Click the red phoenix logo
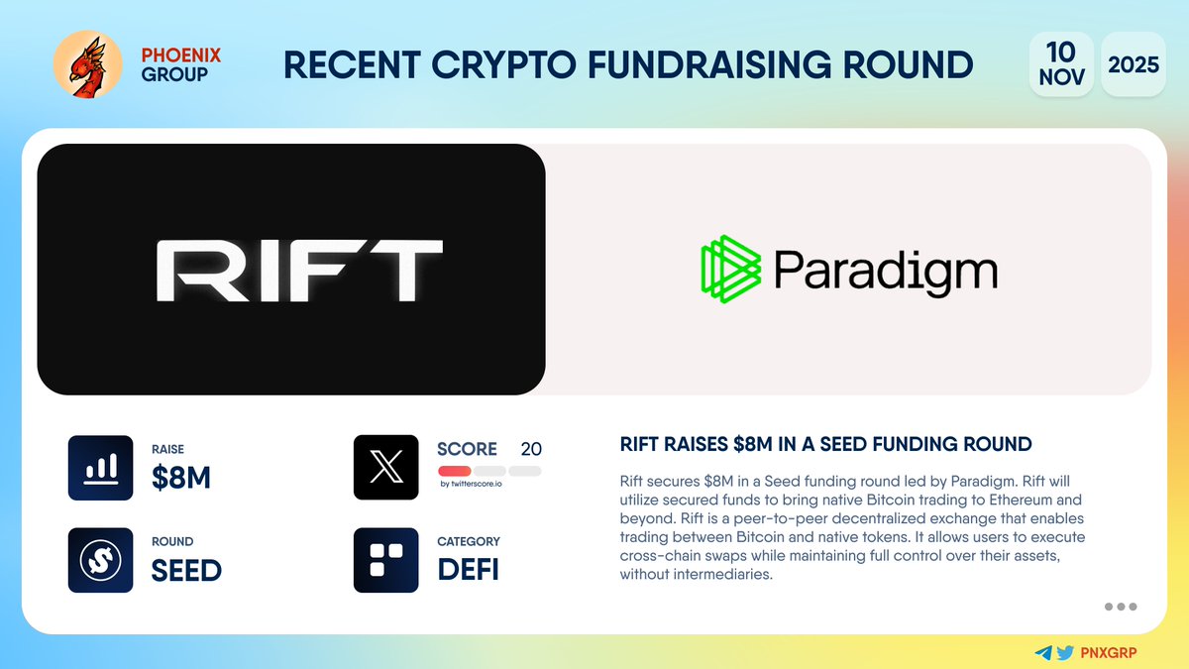pyautogui.click(x=87, y=65)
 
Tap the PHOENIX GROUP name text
pyautogui.click(x=174, y=64)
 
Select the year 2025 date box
pyautogui.click(x=1134, y=65)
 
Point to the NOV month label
pyautogui.click(x=1061, y=77)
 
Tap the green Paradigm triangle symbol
pyautogui.click(x=731, y=269)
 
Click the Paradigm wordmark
pyautogui.click(x=885, y=269)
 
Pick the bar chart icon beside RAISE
pyautogui.click(x=100, y=467)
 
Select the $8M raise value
pyautogui.click(x=181, y=478)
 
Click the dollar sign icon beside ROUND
pyautogui.click(x=100, y=560)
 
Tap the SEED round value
pyautogui.click(x=186, y=571)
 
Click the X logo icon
pyautogui.click(x=385, y=467)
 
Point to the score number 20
pyautogui.click(x=531, y=449)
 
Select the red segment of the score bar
pyautogui.click(x=454, y=470)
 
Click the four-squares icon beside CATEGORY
pyautogui.click(x=385, y=560)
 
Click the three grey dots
pyautogui.click(x=1120, y=607)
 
